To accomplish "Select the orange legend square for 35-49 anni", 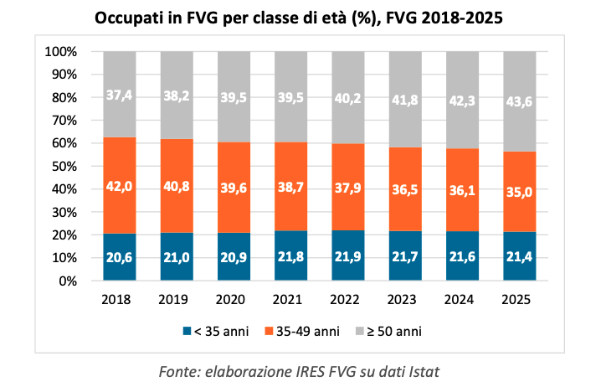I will (x=270, y=331).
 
